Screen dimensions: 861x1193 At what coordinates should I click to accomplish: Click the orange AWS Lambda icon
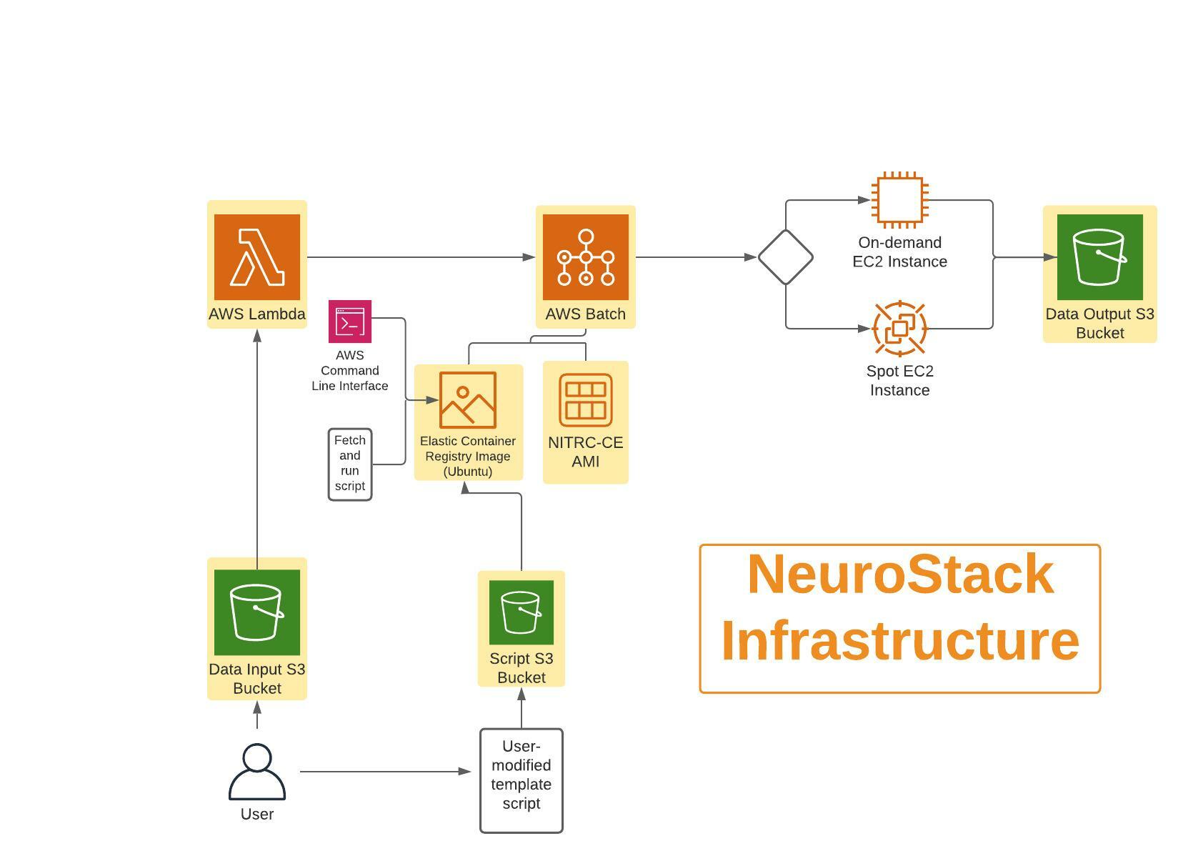click(x=257, y=257)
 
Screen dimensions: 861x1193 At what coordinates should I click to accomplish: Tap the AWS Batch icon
click(x=586, y=257)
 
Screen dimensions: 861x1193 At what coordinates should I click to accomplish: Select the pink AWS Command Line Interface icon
click(x=350, y=322)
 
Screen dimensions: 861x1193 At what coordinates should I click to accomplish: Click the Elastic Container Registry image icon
click(x=468, y=400)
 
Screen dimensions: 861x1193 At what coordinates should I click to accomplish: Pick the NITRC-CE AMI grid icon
click(x=586, y=400)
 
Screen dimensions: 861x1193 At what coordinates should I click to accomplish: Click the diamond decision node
click(x=786, y=257)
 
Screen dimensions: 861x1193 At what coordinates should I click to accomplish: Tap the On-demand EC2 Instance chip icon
click(x=900, y=200)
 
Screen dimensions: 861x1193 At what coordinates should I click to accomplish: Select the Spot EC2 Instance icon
click(x=900, y=329)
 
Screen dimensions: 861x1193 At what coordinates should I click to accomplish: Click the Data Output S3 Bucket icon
click(x=1100, y=257)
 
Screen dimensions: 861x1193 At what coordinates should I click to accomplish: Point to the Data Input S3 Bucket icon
click(x=257, y=612)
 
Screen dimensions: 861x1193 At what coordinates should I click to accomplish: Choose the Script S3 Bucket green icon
click(x=521, y=612)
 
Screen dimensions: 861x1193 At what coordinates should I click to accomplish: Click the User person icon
click(x=257, y=772)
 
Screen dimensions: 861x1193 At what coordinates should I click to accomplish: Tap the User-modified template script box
click(x=521, y=780)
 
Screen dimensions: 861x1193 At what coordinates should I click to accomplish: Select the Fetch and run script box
click(x=350, y=464)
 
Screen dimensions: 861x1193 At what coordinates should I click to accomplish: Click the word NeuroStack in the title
click(x=900, y=574)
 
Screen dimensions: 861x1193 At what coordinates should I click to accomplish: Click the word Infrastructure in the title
click(x=900, y=641)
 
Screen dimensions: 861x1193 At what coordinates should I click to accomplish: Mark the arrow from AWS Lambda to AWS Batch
click(x=421, y=257)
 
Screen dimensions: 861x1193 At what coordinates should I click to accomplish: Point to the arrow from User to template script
click(x=386, y=772)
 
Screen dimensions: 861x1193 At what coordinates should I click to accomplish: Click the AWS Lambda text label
click(x=257, y=314)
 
